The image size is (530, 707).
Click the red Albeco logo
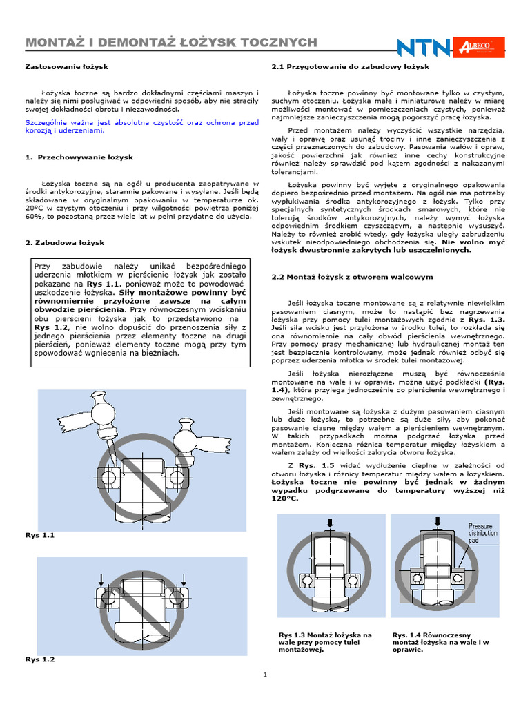click(x=481, y=46)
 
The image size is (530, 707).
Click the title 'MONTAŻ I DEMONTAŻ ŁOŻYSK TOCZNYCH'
click(x=171, y=43)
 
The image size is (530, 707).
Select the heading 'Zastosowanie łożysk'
click(x=66, y=67)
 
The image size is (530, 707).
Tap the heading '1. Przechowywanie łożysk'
click(x=79, y=157)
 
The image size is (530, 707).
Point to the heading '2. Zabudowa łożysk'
click(x=65, y=243)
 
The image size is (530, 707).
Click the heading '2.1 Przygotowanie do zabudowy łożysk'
click(x=351, y=67)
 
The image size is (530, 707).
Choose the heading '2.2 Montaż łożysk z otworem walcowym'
click(x=352, y=277)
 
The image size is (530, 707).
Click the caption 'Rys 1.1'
click(x=39, y=535)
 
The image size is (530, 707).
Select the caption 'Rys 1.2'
click(x=39, y=659)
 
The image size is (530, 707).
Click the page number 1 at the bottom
click(x=264, y=675)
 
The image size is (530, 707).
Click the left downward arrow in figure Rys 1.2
click(x=101, y=579)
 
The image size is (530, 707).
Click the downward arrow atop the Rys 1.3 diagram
click(x=331, y=525)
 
